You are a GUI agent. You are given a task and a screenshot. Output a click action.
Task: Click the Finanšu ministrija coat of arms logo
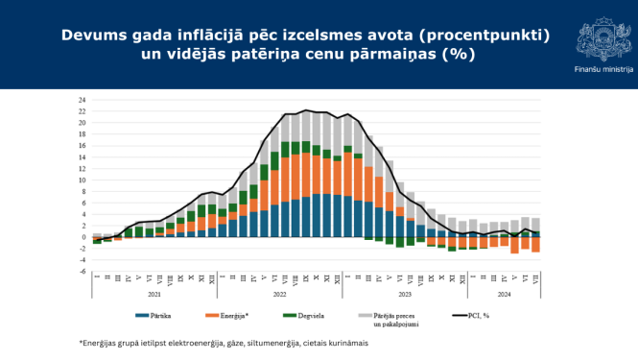pos(602,38)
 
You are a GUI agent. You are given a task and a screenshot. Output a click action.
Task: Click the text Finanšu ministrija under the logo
pos(602,70)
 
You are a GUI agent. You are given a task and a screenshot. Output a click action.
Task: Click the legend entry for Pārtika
pos(157,315)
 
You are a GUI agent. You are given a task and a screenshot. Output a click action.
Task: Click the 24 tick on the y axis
pos(83,100)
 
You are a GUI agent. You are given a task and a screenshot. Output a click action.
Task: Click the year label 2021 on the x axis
pos(153,295)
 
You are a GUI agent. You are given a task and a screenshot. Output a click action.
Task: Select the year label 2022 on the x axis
pos(280,295)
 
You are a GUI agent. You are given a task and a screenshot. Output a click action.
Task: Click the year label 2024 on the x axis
pos(504,295)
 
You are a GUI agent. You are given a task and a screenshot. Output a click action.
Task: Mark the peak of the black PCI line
pos(306,110)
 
